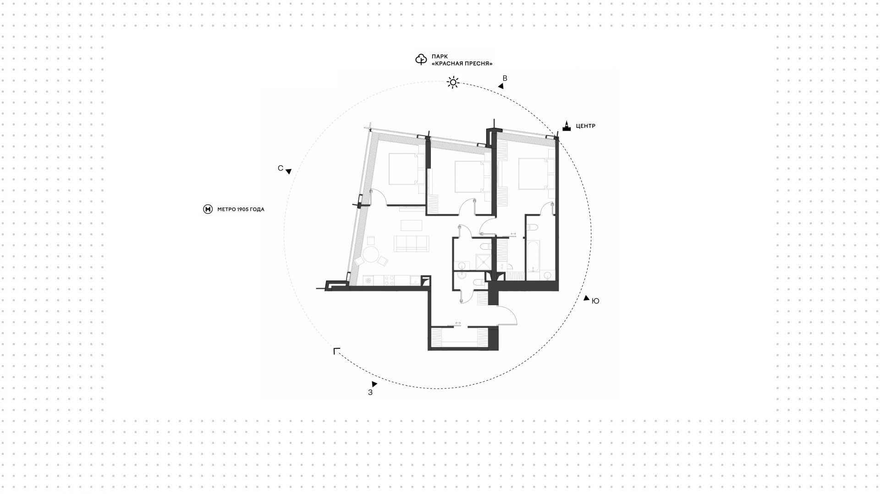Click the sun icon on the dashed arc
453,82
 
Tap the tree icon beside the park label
421,60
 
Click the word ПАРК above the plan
439,56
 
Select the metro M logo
208,209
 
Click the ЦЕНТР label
585,126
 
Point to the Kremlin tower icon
567,126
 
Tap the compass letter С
280,168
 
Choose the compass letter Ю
595,301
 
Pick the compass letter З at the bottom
370,392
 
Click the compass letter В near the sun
505,78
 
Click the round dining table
370,255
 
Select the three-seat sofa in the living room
412,244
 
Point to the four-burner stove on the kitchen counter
389,280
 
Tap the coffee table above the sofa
412,225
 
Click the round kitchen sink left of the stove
368,280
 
